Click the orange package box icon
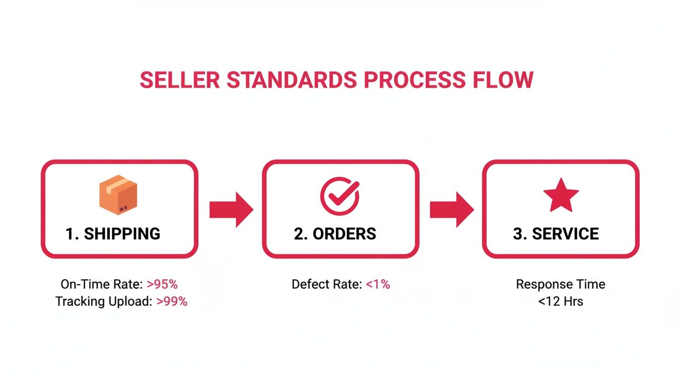point(118,195)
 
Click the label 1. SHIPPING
point(113,234)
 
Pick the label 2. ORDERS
point(335,234)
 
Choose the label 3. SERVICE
point(556,234)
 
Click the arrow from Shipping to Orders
point(231,209)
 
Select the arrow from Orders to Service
point(451,209)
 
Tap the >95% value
point(162,284)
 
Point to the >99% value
point(172,302)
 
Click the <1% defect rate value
point(378,284)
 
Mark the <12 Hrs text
point(560,302)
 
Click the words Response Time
point(560,284)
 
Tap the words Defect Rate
point(326,284)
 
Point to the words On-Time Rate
point(102,284)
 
